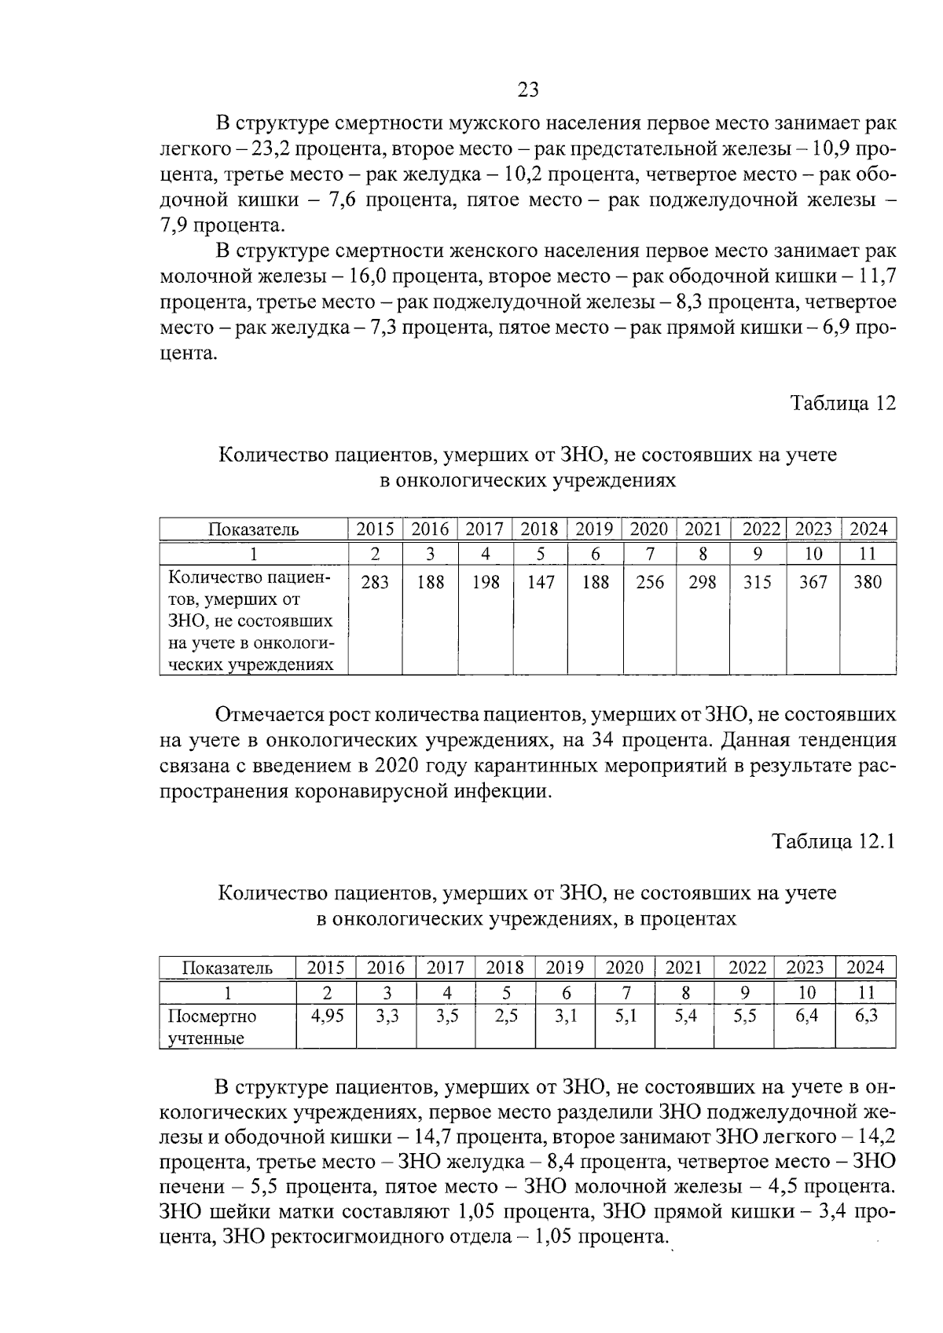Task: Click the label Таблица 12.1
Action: click(834, 841)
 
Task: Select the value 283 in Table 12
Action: click(375, 582)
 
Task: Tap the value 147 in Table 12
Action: click(541, 582)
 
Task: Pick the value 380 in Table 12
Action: click(868, 582)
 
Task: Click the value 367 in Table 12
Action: click(813, 582)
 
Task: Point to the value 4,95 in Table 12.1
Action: click(327, 1016)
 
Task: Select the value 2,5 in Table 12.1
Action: click(506, 1016)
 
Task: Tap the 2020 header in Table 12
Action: click(649, 529)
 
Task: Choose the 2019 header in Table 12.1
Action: click(565, 967)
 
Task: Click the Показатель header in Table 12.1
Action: click(227, 968)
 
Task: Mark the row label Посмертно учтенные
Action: click(211, 1027)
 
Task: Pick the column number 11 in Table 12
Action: click(868, 554)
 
